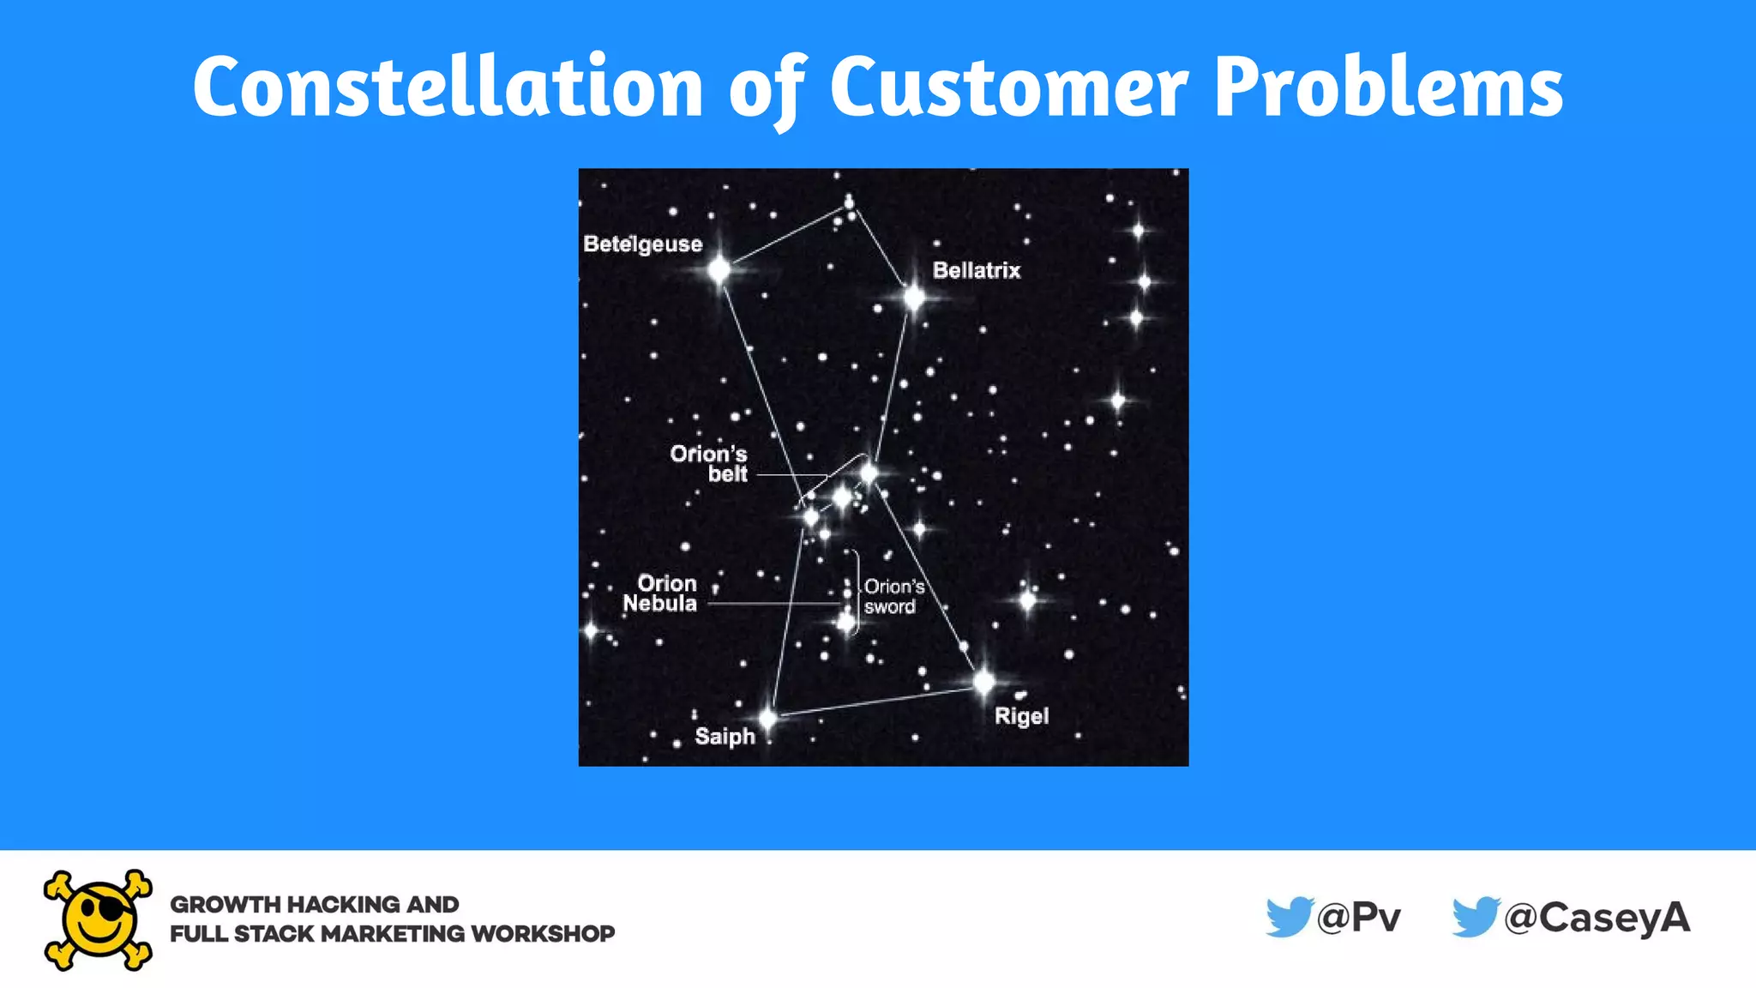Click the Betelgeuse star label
coord(642,244)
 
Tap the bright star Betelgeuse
coord(719,271)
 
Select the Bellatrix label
coord(977,271)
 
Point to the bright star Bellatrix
coord(914,298)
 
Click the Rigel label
coord(1021,716)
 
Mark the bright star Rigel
coord(983,683)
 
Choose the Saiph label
coord(725,737)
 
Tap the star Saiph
coord(768,718)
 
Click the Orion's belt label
coord(709,464)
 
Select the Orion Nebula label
coord(660,593)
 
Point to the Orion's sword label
coord(893,597)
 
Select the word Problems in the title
coord(1389,87)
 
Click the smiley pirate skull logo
coord(98,920)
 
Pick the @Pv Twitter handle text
coord(1359,918)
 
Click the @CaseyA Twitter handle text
coord(1597,918)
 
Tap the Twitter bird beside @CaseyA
coord(1476,917)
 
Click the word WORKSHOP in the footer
coord(543,934)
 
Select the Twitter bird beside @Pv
coord(1289,917)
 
